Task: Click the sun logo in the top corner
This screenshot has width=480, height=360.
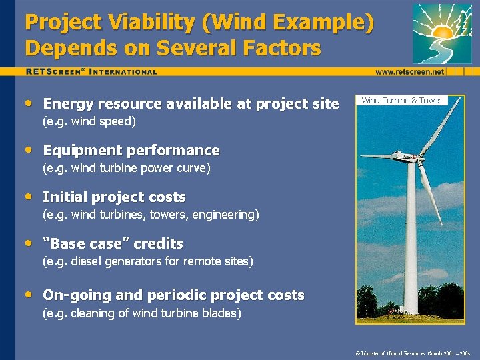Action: [x=442, y=33]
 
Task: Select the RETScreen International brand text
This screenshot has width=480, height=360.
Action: [x=91, y=71]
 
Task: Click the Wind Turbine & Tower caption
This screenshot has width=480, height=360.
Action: [x=401, y=101]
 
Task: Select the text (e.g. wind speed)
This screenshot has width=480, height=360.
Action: [x=89, y=121]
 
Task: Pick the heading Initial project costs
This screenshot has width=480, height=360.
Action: [x=114, y=197]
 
